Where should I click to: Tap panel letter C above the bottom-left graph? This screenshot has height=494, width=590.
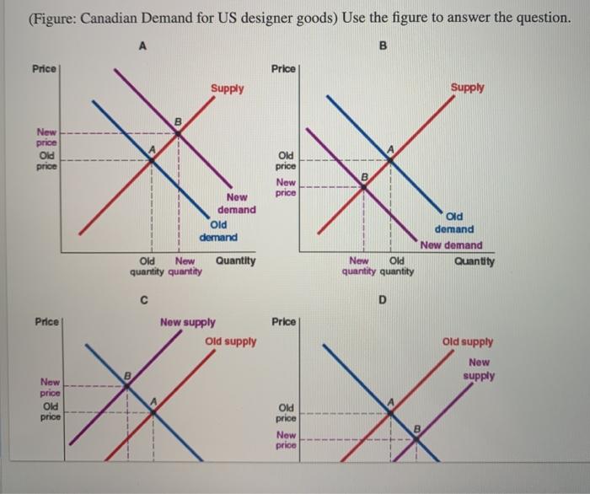[x=144, y=298]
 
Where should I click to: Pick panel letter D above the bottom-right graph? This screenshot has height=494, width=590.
[x=383, y=298]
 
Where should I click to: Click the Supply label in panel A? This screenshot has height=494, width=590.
[x=228, y=88]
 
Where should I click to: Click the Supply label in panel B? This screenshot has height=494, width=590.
[x=467, y=87]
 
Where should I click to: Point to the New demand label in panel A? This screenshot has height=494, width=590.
[x=236, y=203]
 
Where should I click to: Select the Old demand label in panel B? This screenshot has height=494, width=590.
[x=454, y=223]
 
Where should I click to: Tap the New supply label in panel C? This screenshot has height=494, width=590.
[x=187, y=322]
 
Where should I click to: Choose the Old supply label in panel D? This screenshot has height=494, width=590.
[x=468, y=342]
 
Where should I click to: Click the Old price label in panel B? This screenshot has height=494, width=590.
[x=287, y=161]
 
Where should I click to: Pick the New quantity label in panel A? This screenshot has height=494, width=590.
[x=185, y=266]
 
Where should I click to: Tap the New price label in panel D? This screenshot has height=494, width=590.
[x=287, y=439]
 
